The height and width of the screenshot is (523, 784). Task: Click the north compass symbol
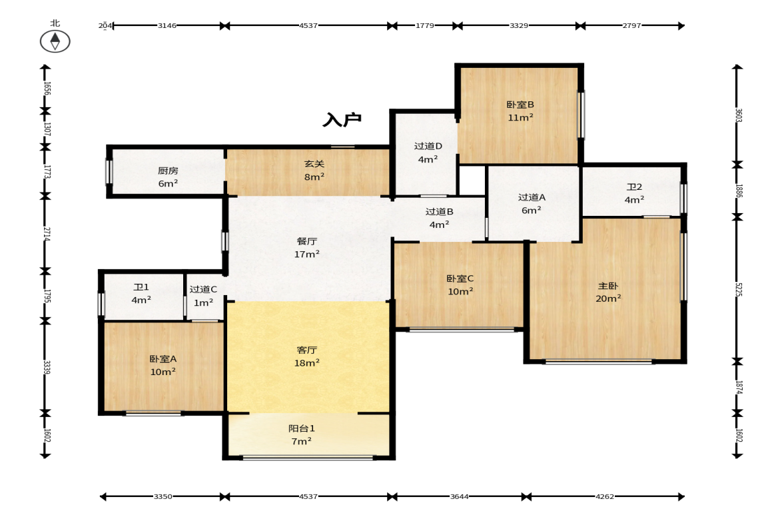[55, 41]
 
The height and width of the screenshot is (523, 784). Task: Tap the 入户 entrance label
[342, 120]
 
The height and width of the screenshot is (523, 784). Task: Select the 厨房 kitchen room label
[168, 177]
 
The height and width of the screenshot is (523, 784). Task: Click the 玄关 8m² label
[314, 170]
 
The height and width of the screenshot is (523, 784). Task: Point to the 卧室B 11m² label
[520, 111]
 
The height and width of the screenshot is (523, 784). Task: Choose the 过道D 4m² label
[428, 153]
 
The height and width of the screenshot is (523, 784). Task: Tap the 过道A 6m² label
[532, 204]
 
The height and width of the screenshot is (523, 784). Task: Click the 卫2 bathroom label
[634, 193]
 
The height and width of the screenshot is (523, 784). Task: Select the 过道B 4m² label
[439, 218]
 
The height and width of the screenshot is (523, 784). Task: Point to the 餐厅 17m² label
[306, 247]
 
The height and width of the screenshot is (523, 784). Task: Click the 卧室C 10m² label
[460, 285]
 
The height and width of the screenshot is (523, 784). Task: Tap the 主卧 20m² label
[608, 292]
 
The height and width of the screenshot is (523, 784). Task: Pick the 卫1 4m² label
[141, 294]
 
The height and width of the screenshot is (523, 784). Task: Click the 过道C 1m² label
[203, 296]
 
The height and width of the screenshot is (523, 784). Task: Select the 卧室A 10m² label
[163, 366]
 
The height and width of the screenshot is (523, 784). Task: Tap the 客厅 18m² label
[306, 356]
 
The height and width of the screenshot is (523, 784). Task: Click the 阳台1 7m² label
[302, 435]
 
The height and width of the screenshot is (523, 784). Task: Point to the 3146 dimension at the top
[167, 25]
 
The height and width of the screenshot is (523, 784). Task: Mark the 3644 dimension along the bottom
[459, 496]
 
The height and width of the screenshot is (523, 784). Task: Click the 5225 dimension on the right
[738, 289]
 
